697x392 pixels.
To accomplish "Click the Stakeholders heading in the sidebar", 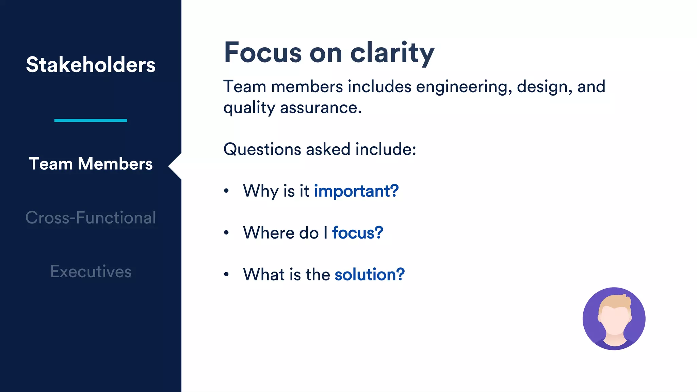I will point(91,65).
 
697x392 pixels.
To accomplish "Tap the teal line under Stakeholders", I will point(91,120).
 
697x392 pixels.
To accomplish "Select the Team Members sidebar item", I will point(91,164).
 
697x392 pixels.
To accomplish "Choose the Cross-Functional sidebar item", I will point(91,218).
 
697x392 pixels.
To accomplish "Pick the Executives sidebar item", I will point(91,272).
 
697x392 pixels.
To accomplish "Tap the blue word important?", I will point(356,191).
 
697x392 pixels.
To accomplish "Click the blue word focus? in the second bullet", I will point(357,233).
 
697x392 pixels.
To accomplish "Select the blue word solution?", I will point(370,275).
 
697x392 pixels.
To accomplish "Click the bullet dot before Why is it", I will point(226,191).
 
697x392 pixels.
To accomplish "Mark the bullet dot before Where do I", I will point(226,233).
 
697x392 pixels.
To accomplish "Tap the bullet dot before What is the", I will point(226,275).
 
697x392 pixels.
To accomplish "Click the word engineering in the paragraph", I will point(464,87).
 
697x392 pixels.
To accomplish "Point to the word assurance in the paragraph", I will point(321,108).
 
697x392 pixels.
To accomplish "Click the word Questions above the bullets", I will point(262,149).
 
